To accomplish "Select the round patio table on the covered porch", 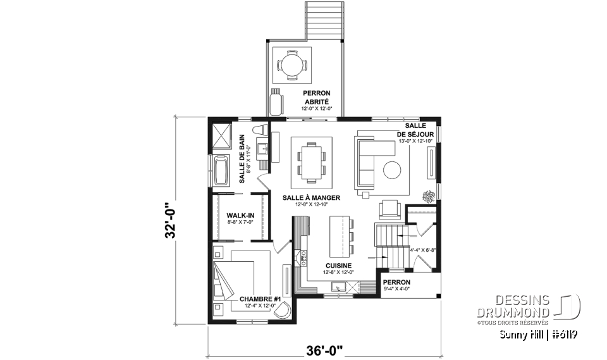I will point(291,65).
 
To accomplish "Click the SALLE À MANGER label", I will point(311,197).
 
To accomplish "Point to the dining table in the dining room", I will point(311,161).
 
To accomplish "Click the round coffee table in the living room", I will point(392,170).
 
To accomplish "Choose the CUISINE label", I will point(338,266).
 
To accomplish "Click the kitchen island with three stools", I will point(340,235).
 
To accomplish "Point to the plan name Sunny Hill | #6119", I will point(539,333).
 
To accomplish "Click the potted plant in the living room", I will point(429,196).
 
